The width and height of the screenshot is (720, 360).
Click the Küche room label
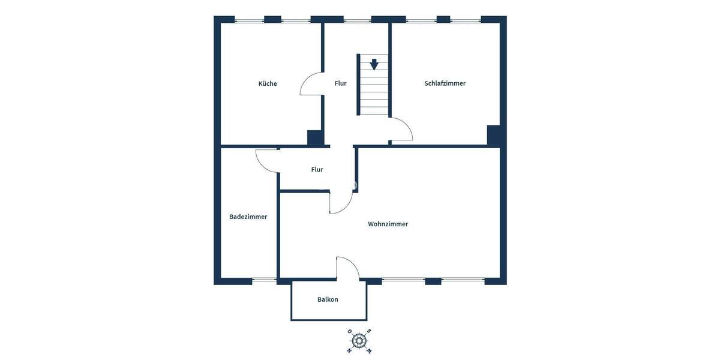[268, 83]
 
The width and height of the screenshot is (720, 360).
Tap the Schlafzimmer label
[445, 83]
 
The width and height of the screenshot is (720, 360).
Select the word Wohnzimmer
[388, 224]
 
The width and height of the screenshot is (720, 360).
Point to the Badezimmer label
[248, 217]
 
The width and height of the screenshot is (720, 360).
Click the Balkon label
[328, 299]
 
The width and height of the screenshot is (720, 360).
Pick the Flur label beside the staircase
[340, 83]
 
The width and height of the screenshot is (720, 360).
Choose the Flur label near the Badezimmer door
[317, 170]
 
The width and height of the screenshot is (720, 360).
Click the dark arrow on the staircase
[374, 64]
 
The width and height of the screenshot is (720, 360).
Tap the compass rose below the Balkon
[359, 341]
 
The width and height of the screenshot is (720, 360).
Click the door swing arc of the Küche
[310, 84]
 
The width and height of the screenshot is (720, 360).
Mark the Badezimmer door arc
[266, 160]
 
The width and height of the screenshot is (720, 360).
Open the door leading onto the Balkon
[347, 268]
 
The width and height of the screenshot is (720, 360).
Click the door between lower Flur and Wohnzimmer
[341, 203]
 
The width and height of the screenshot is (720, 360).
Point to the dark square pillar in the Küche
[315, 137]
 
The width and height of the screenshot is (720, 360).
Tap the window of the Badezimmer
[264, 279]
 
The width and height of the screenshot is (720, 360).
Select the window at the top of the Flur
[357, 21]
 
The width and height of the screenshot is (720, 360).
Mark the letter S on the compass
[369, 331]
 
